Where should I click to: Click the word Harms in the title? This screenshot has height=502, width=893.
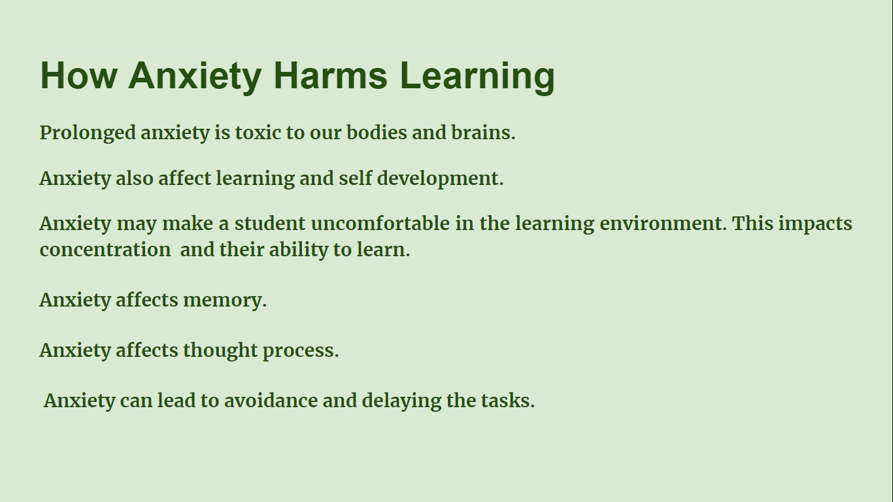[331, 75]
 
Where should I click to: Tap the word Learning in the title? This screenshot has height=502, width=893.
[477, 78]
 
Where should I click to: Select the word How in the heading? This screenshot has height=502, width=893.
[79, 75]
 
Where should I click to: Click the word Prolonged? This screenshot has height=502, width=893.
[88, 133]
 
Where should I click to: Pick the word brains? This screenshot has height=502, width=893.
[483, 132]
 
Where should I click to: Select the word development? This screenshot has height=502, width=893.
[440, 178]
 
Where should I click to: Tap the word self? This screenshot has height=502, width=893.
[356, 178]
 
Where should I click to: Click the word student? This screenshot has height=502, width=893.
[270, 224]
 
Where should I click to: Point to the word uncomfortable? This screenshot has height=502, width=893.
[380, 223]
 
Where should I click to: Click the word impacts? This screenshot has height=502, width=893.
[815, 224]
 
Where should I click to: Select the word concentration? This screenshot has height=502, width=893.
[105, 250]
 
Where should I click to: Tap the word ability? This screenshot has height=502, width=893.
[299, 250]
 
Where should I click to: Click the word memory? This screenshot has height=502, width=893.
[224, 301]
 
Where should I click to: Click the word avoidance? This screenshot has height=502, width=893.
[271, 400]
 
